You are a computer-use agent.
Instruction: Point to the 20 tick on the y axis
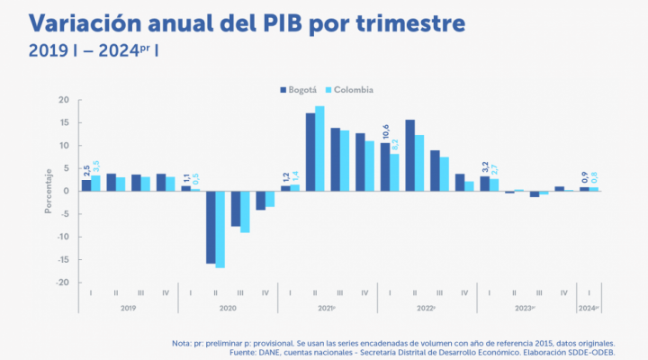(63, 100)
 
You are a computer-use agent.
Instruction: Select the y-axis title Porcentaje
(49, 191)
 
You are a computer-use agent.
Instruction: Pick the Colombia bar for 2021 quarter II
(319, 148)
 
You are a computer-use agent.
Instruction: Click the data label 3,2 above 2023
(484, 166)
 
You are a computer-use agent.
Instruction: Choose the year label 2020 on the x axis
(227, 309)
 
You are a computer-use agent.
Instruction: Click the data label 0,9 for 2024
(584, 177)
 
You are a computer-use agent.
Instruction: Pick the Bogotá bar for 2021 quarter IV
(360, 162)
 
